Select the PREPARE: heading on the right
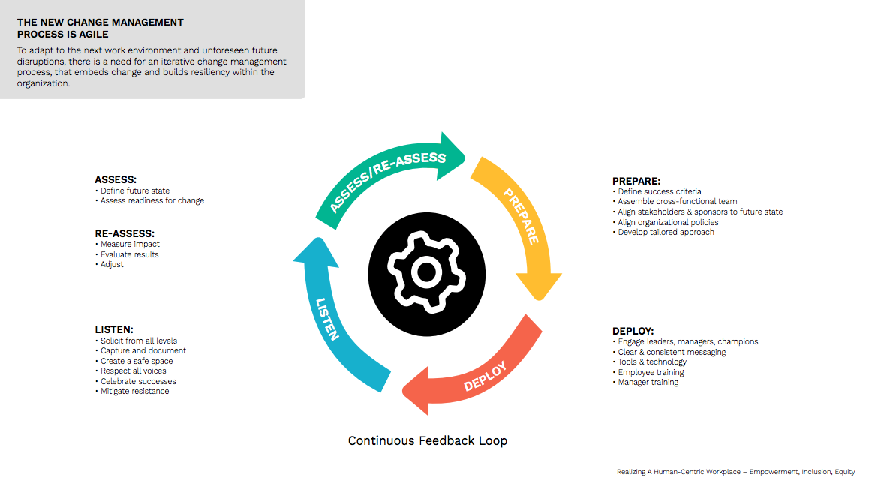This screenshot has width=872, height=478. tap(636, 181)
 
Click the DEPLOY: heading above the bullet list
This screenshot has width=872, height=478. tap(633, 331)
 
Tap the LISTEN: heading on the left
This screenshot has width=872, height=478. tap(114, 329)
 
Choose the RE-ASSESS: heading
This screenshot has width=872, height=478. tap(125, 233)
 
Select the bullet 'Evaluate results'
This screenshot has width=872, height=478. tap(129, 254)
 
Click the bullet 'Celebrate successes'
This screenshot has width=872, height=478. tap(138, 381)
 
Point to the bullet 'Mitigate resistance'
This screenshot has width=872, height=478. tap(134, 391)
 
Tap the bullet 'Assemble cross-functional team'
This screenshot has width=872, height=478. tap(677, 202)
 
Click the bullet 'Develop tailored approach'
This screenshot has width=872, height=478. tap(666, 233)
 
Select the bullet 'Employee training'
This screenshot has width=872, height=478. tap(651, 372)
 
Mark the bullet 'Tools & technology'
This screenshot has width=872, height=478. tap(652, 362)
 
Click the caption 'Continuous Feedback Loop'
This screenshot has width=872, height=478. tap(427, 440)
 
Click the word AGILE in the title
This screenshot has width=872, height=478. tap(91, 34)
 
